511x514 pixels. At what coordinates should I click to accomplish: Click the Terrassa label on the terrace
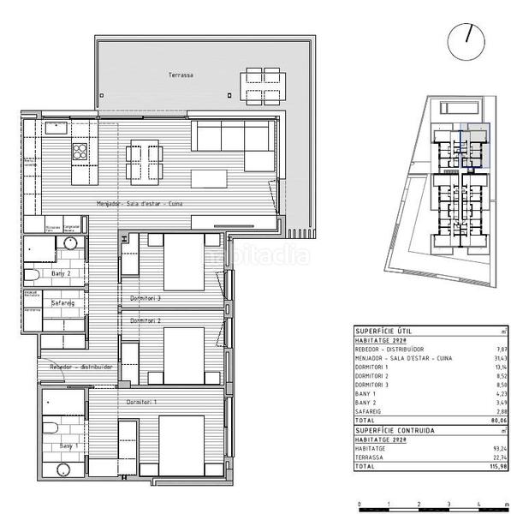point(181,75)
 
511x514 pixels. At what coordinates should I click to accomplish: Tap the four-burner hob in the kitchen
point(80,152)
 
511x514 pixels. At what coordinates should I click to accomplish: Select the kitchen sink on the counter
point(56,127)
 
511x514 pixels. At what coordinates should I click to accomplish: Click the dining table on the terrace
point(257,84)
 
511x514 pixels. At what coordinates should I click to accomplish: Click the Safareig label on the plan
point(61,302)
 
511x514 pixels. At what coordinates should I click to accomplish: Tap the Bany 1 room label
point(68,445)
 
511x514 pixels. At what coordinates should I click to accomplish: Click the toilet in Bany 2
point(32,275)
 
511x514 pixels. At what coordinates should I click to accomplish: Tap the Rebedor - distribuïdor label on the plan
point(81,366)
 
